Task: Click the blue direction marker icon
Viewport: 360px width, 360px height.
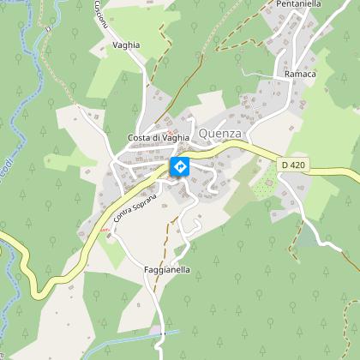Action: pos(180,166)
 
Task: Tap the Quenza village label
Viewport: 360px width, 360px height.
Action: pos(221,134)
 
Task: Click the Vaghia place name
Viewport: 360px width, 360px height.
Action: pos(125,45)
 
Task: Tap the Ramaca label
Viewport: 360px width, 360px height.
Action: pos(301,75)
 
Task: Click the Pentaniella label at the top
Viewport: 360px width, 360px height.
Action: pos(299,4)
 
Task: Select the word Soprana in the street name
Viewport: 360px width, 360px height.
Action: pos(146,198)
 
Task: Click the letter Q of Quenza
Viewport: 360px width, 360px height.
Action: pos(203,134)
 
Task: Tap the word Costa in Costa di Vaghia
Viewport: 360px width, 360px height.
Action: pos(139,139)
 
